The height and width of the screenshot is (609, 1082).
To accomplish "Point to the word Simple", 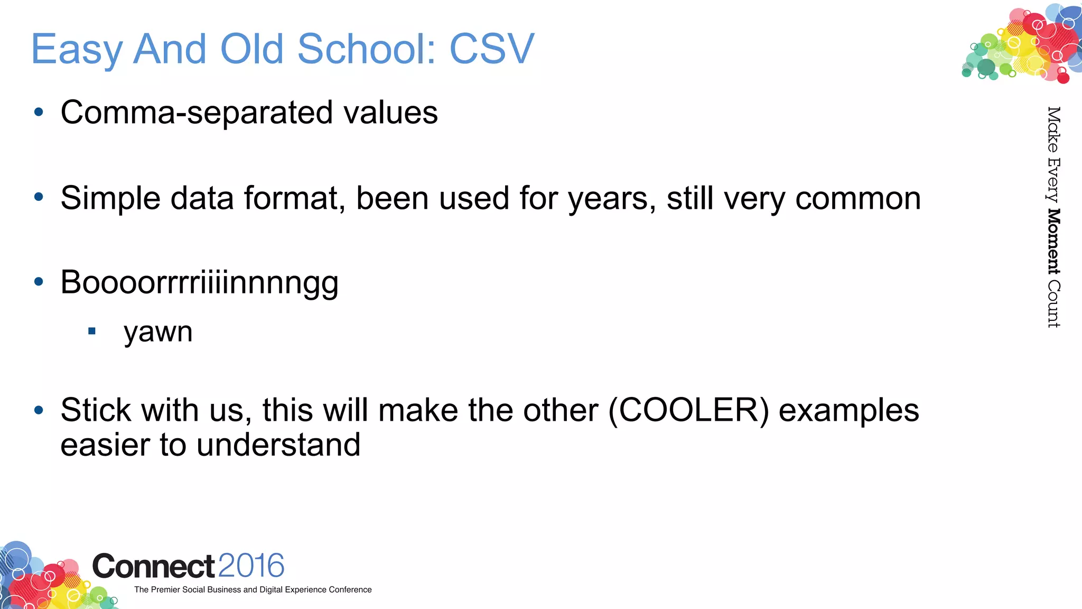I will point(110,198).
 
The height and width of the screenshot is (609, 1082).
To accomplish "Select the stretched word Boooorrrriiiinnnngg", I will point(199,283).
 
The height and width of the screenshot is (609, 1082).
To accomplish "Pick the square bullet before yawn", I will point(92,331).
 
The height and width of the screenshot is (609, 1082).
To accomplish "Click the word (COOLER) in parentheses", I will point(689,410).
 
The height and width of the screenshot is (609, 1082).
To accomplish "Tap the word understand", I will point(278,445).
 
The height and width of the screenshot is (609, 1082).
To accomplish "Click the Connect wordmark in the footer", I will point(154,566).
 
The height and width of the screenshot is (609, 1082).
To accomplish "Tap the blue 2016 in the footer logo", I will point(251,566).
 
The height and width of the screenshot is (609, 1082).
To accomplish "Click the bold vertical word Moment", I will point(1053,242).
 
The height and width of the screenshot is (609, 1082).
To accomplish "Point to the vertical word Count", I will point(1053,304).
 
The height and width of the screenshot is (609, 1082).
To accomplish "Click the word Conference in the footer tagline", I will point(350,589).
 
